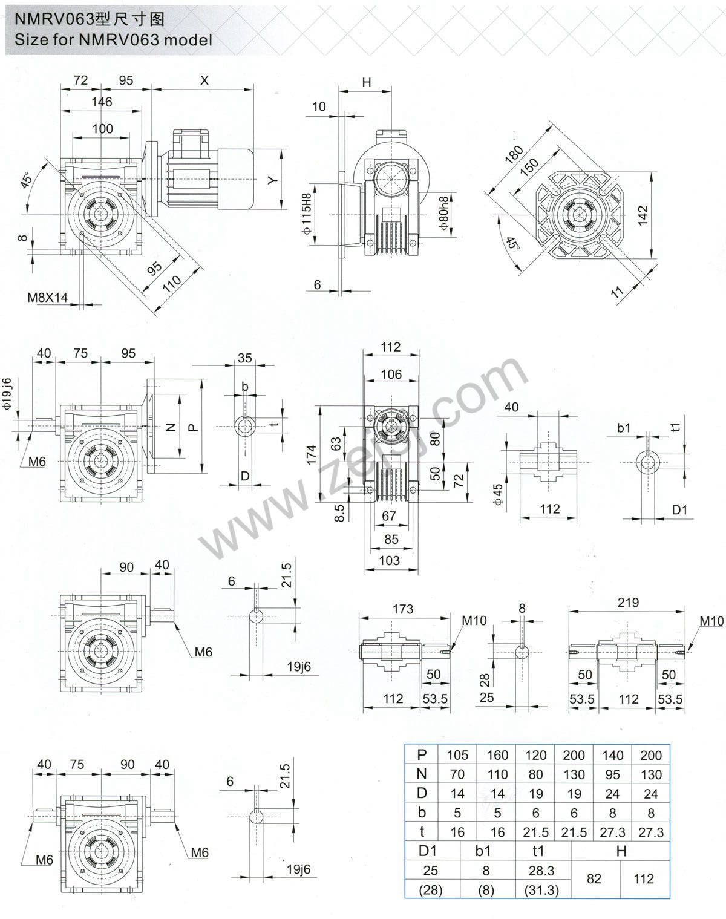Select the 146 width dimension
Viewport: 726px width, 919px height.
[101, 102]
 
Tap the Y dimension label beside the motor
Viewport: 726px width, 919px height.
[273, 180]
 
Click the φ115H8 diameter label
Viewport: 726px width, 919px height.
[307, 214]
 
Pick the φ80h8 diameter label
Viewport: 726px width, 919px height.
[445, 213]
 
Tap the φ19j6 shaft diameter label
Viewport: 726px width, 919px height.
[7, 394]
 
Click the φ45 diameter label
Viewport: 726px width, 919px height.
[498, 494]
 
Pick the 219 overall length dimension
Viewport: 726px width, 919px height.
[628, 602]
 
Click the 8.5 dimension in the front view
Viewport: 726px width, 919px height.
[340, 514]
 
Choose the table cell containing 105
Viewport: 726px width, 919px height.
[457, 755]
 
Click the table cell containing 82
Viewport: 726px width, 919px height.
[594, 878]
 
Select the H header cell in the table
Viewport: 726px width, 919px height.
[621, 851]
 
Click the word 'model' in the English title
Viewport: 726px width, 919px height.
[186, 40]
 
